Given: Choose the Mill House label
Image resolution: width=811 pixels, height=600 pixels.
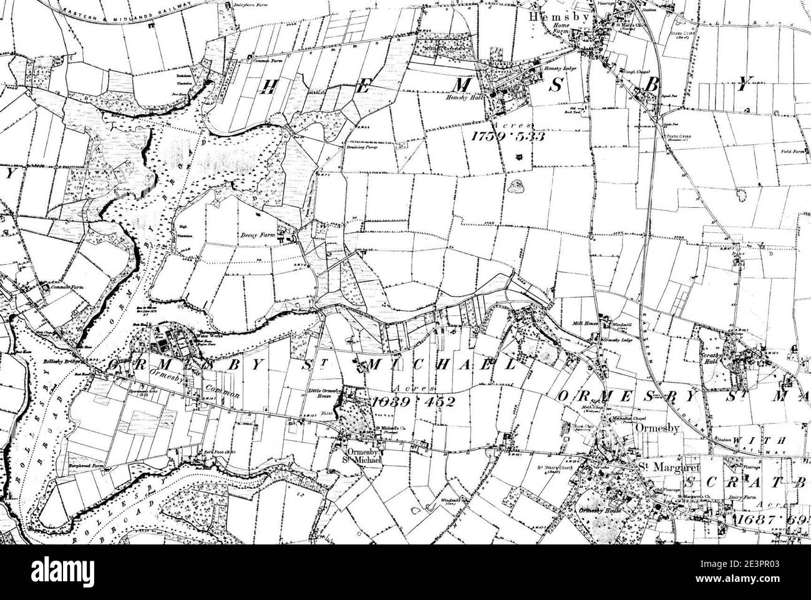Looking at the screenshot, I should point(585,323).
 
